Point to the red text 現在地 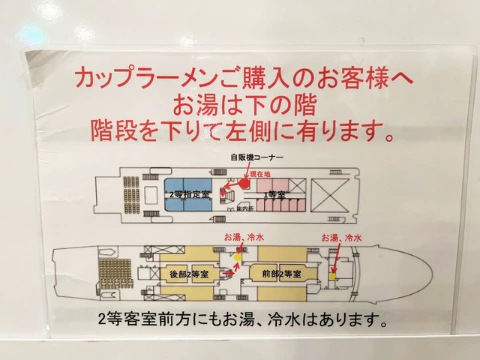(262, 173)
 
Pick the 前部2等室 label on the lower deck (281, 274)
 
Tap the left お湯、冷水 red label (244, 237)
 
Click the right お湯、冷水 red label (341, 237)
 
